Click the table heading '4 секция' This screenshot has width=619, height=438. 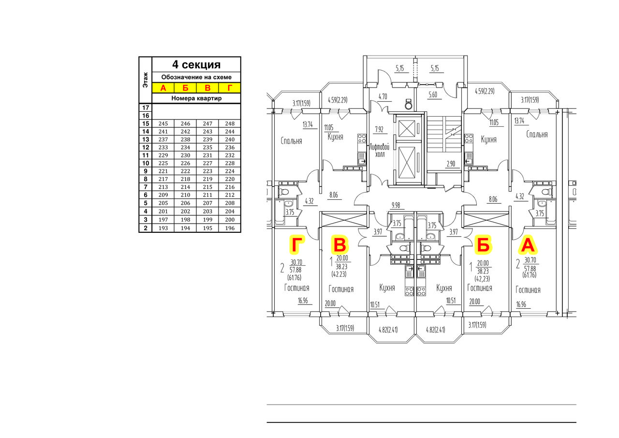[x=196, y=65]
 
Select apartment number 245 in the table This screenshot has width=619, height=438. [x=163, y=123]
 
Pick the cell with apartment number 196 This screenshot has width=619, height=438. [x=230, y=228]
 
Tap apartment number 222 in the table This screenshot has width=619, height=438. [x=185, y=171]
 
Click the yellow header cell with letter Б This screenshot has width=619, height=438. [x=185, y=88]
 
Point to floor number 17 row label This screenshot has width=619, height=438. [x=146, y=107]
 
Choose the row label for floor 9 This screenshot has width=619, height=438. [x=146, y=171]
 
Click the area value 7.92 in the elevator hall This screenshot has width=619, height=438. [x=379, y=129]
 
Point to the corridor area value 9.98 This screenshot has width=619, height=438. [x=396, y=205]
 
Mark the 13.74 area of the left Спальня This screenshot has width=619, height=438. [x=308, y=125]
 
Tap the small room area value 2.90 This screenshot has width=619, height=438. [x=451, y=164]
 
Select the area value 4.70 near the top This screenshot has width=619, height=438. [x=383, y=96]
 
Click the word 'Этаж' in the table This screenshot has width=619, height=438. [x=146, y=80]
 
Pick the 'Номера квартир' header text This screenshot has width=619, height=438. [x=196, y=98]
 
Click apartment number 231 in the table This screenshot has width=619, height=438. [x=207, y=155]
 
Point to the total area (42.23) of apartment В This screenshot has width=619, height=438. [x=339, y=274]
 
